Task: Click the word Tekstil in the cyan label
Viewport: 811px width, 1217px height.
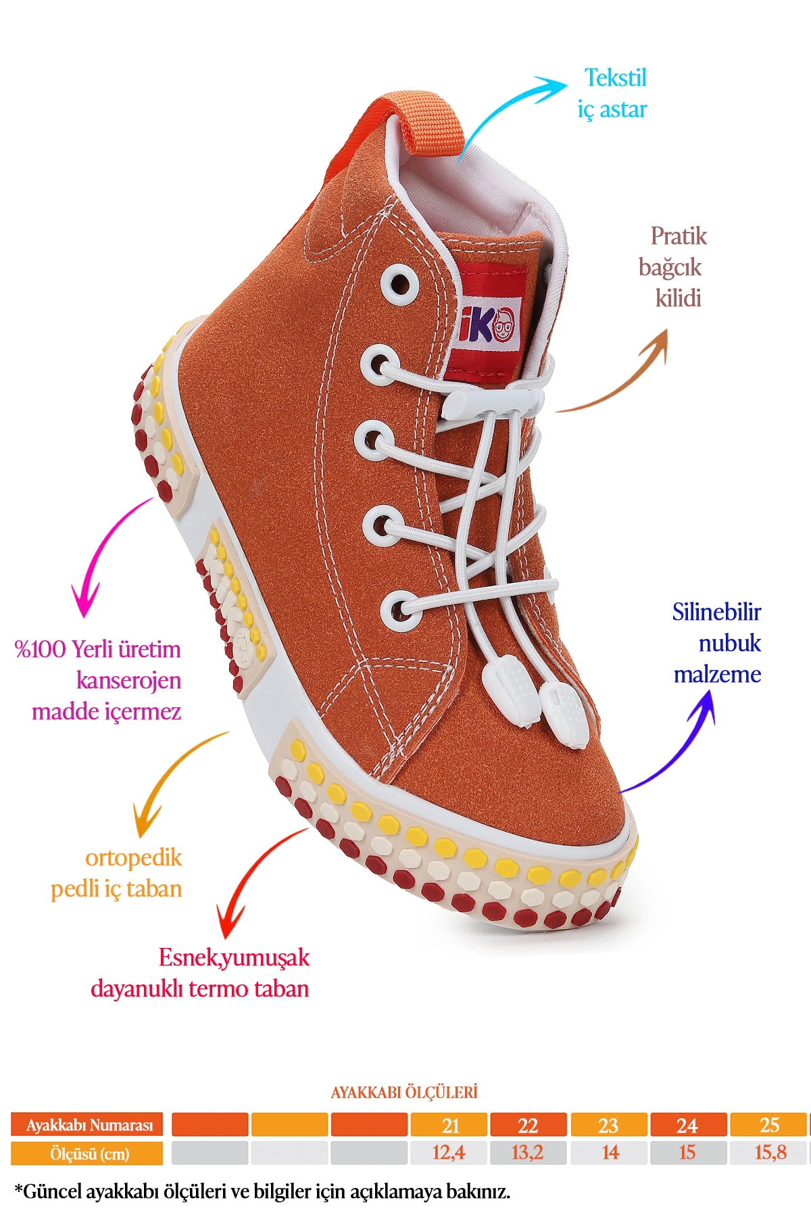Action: [615, 78]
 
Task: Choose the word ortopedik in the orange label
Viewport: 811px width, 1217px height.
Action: [133, 858]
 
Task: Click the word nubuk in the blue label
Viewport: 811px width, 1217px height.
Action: [729, 643]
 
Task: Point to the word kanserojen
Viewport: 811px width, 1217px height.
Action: [128, 680]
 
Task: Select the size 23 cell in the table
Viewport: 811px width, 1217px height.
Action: [608, 1125]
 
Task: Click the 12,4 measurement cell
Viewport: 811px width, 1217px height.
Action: [448, 1153]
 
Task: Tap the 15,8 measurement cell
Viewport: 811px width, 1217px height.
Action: [770, 1153]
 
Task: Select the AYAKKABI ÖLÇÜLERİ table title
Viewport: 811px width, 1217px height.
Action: [404, 1093]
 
